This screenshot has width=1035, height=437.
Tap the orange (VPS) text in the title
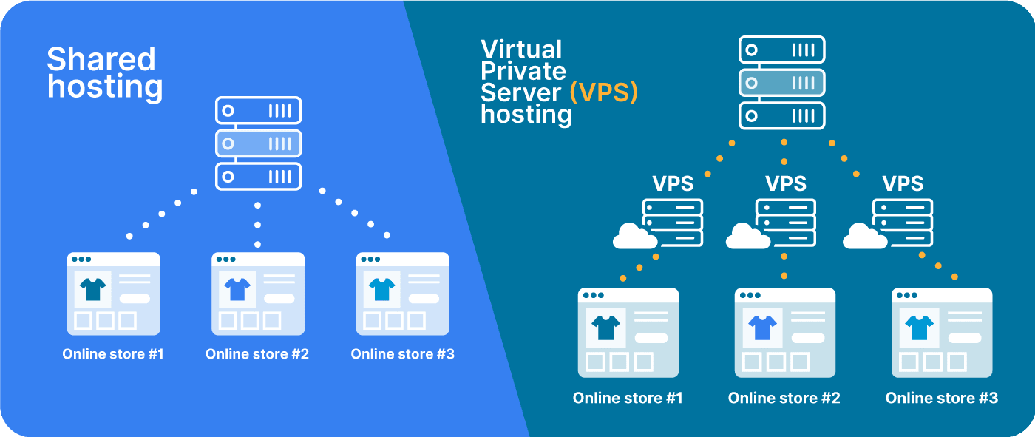click(x=603, y=92)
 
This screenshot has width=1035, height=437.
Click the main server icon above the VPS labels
click(x=781, y=83)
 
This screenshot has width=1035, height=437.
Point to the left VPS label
click(x=673, y=183)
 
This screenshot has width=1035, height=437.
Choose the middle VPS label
click(x=785, y=183)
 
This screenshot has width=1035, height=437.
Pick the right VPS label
click(x=903, y=183)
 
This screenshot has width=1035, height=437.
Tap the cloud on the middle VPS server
click(x=748, y=237)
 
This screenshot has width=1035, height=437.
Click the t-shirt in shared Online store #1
click(x=93, y=289)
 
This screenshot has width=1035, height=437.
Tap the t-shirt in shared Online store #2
click(x=237, y=289)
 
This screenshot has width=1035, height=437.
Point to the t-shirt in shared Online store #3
click(x=382, y=289)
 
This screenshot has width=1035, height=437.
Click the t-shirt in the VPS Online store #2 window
click(x=762, y=326)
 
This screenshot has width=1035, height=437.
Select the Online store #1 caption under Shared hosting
click(x=113, y=354)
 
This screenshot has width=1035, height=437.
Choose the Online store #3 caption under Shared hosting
click(x=402, y=354)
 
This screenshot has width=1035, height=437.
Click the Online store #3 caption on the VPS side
click(x=941, y=398)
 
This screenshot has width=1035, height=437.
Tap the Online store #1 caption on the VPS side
click(x=628, y=398)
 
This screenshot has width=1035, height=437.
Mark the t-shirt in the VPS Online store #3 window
click(x=920, y=326)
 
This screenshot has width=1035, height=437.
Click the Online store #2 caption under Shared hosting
click(x=257, y=354)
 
